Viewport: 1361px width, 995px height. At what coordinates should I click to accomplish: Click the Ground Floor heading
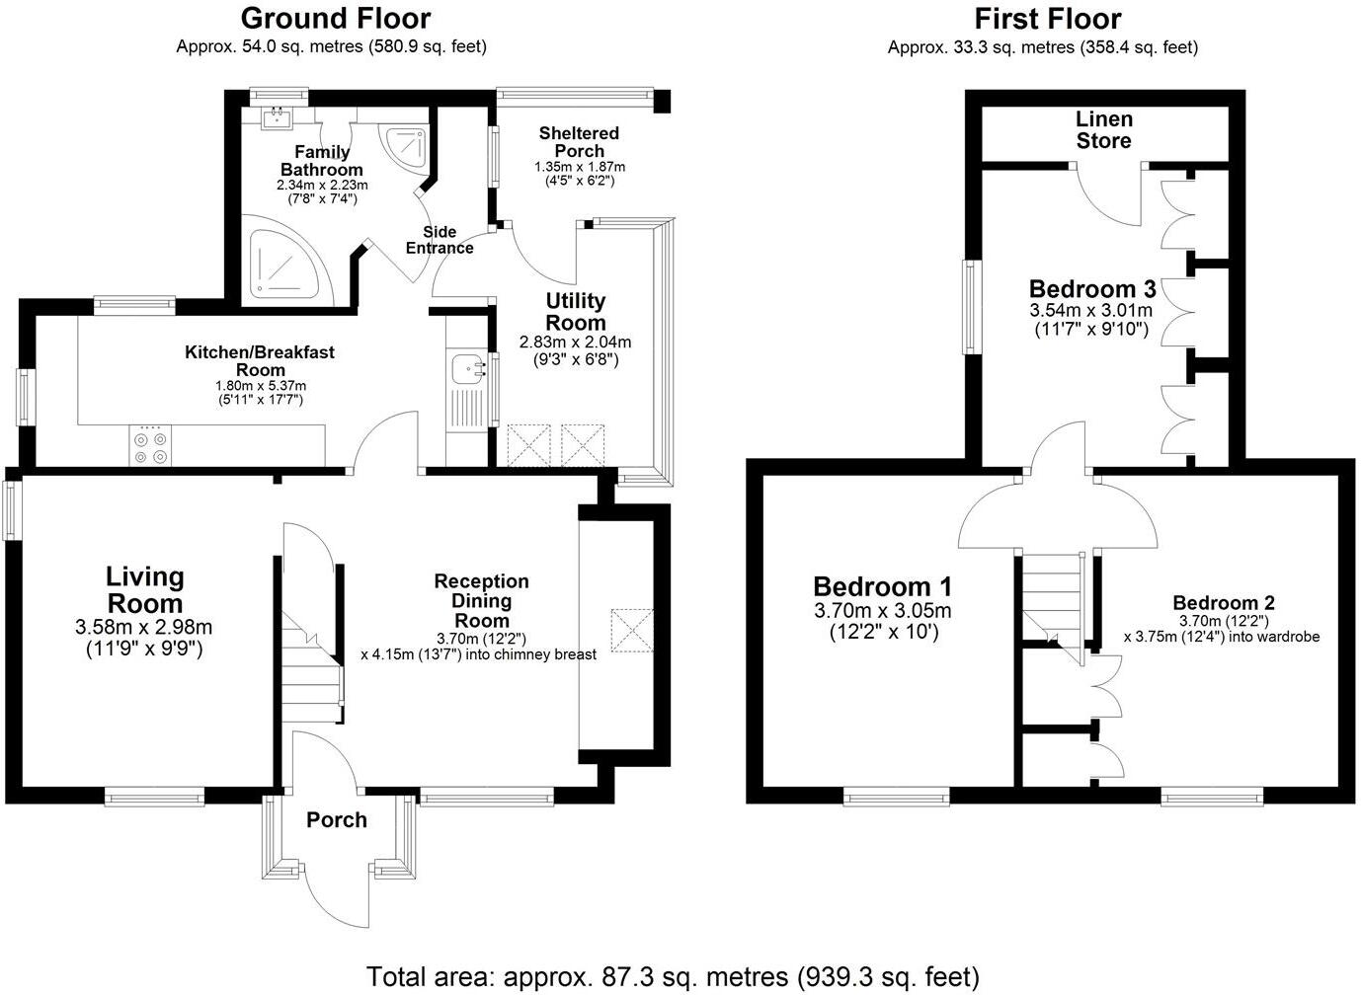tap(336, 19)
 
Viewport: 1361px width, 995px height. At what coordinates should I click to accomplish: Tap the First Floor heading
tap(1048, 19)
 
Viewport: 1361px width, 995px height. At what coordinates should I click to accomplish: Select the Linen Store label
tap(1103, 130)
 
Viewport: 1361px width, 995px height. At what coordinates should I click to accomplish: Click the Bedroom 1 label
tap(882, 586)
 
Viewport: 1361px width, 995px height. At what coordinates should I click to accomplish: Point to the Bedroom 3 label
tap(1091, 289)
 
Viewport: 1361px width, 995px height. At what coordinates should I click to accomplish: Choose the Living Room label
tap(144, 590)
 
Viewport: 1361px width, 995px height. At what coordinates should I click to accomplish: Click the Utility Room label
tap(576, 311)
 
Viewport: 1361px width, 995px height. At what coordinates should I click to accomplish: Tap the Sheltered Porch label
tap(579, 141)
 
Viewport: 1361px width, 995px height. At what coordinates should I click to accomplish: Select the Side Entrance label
tap(440, 240)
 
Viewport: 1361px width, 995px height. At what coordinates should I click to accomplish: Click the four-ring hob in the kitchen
tap(150, 445)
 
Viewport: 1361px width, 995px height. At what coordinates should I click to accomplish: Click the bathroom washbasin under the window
tap(278, 117)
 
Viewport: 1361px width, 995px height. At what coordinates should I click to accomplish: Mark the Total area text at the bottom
tap(674, 977)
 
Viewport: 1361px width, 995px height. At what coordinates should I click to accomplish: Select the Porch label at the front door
tap(337, 820)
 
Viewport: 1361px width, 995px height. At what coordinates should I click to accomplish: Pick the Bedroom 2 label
tap(1223, 603)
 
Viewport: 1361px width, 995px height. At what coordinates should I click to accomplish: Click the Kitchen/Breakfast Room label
tap(260, 360)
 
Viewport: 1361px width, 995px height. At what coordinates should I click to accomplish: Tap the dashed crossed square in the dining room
tap(632, 630)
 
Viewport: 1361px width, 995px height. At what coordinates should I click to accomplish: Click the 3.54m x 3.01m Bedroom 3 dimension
tap(1090, 310)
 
